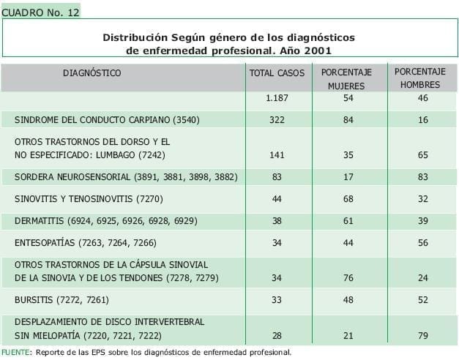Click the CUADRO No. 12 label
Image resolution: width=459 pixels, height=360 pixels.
40,12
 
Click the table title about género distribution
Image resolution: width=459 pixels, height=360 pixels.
228,44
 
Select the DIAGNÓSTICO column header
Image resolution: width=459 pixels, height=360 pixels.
92,73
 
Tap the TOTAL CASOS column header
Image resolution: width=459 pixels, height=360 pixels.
277,74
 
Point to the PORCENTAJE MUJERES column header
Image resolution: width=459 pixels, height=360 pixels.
346,79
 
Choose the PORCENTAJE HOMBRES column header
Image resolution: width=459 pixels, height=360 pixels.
420,78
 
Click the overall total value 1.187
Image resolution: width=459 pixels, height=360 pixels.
277,98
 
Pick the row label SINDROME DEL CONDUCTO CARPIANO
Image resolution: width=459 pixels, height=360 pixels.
107,120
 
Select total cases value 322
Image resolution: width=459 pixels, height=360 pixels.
277,120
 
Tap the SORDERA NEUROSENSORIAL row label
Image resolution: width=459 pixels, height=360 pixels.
125,177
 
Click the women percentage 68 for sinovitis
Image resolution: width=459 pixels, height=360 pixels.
348,199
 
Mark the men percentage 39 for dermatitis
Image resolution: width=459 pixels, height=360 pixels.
422,220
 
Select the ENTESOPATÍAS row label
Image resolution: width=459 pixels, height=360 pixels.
85,242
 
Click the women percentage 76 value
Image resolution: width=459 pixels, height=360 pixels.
348,278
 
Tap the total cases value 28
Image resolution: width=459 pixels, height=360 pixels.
277,335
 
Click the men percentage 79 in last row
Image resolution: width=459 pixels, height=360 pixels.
422,335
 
